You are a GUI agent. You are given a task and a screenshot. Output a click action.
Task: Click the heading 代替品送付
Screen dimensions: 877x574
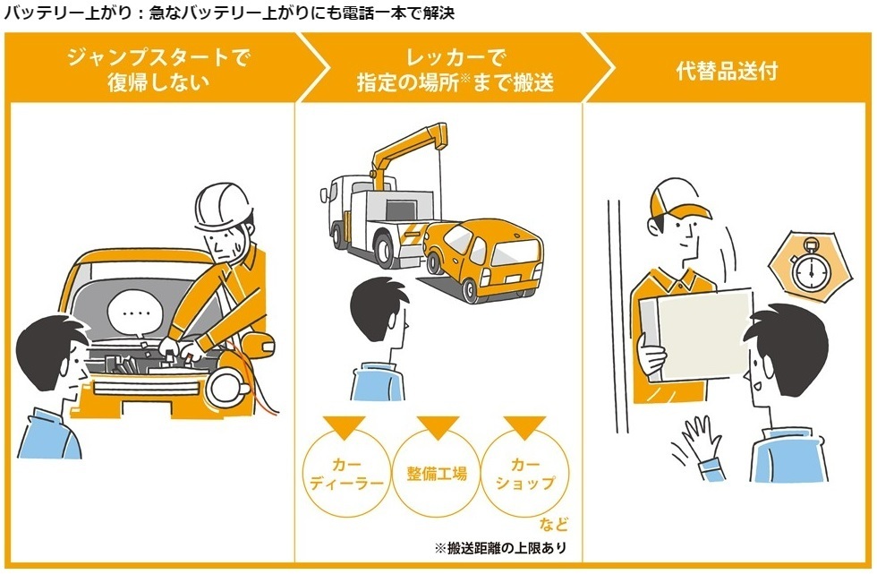click(727, 71)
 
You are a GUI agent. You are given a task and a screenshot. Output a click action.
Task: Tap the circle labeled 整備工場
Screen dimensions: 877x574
click(437, 474)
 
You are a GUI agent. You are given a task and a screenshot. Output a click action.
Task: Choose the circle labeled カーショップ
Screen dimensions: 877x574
click(524, 474)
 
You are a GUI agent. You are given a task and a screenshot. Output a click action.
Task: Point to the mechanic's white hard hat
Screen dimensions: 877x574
click(224, 206)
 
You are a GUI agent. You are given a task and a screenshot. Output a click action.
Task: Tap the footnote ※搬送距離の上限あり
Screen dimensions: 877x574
click(500, 548)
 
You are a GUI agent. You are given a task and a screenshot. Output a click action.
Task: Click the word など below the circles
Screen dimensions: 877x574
click(554, 524)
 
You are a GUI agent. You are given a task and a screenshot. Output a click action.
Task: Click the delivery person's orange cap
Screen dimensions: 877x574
click(678, 200)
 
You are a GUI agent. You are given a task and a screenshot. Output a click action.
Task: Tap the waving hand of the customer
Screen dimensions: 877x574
click(696, 439)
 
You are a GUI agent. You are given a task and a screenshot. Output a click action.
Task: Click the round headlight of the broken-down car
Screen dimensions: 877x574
click(226, 387)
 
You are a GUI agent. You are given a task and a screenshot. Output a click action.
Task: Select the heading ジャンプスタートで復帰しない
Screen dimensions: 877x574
click(158, 69)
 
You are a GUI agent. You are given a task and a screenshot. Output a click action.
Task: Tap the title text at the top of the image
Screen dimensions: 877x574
click(229, 13)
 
